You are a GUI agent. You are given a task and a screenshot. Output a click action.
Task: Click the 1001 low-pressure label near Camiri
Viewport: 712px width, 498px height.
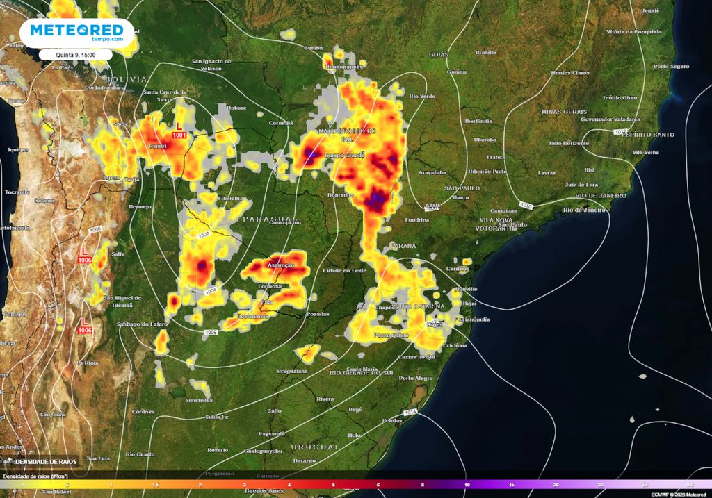tap(179, 135)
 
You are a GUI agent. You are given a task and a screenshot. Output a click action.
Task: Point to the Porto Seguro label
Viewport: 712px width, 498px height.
tap(670, 66)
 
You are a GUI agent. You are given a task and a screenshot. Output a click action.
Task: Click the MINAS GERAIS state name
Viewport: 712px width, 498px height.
tap(564, 111)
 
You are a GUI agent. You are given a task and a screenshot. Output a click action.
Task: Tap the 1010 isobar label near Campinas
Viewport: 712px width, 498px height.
tap(526, 206)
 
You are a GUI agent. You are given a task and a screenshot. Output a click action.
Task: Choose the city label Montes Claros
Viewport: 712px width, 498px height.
tap(569, 72)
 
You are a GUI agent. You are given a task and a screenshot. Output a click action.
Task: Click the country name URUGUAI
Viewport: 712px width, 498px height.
tap(314, 445)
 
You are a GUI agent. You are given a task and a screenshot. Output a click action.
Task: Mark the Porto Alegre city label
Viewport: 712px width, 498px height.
tap(416, 378)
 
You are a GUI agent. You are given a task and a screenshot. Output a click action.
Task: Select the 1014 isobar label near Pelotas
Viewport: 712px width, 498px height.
tap(410, 413)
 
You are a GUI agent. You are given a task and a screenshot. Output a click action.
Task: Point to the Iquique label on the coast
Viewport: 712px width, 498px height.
tap(15, 149)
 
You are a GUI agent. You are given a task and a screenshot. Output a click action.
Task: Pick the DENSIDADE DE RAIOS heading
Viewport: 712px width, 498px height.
tap(47, 461)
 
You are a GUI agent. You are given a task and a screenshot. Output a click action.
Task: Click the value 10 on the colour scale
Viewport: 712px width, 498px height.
tap(467, 484)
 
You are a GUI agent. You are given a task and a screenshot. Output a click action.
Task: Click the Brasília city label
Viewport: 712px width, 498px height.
tap(485, 52)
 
